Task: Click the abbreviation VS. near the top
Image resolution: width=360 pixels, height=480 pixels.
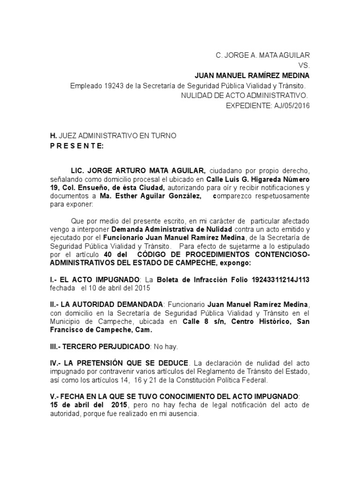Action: click(304, 65)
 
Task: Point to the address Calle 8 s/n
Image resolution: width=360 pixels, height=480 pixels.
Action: click(198, 322)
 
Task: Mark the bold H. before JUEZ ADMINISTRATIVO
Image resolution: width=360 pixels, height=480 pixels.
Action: click(53, 136)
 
